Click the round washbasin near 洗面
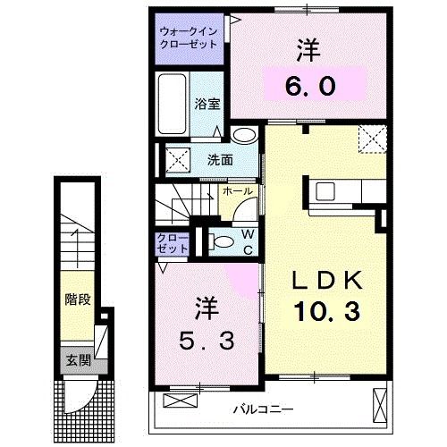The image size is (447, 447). click(242, 136)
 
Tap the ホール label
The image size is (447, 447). click(237, 191)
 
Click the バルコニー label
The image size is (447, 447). click(264, 409)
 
